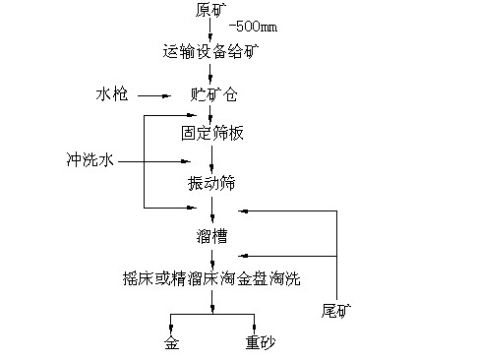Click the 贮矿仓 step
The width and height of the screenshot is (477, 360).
point(211,95)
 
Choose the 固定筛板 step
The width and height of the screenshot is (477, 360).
point(211,133)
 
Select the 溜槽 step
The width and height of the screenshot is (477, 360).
point(211,235)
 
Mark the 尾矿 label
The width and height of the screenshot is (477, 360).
point(335,312)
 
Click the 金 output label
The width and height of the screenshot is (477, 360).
point(171,343)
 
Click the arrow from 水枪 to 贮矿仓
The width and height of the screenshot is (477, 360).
point(157,95)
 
